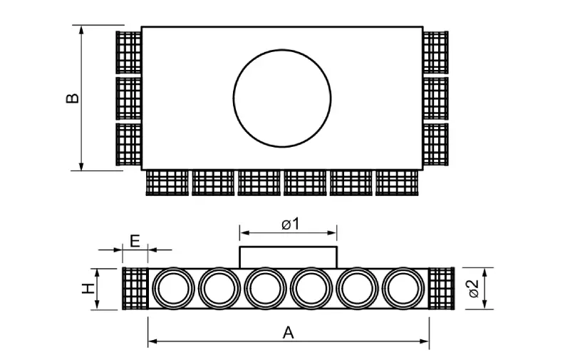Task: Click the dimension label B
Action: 72,98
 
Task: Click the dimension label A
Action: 288,331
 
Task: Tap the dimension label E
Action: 135,240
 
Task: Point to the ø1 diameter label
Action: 289,224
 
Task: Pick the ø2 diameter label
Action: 472,289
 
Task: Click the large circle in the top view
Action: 282,98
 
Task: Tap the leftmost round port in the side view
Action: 172,289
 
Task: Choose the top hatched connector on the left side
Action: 129,52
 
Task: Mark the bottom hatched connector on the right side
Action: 435,144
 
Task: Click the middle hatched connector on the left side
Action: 129,98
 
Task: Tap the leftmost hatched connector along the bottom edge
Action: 167,182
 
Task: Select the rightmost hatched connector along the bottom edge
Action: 398,182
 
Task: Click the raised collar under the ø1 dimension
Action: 288,257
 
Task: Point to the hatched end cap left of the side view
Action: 135,289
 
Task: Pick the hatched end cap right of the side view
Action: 441,289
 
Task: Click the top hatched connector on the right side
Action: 435,52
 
